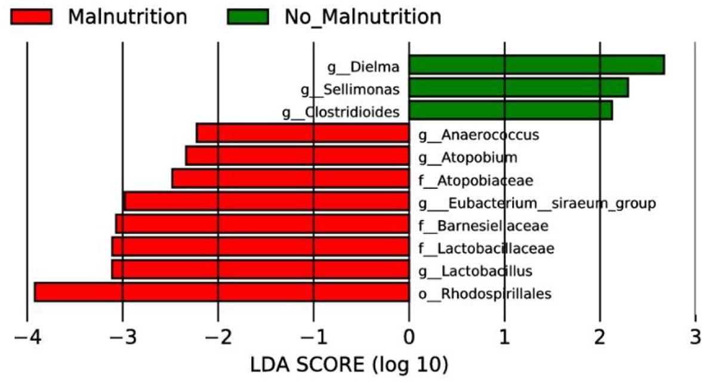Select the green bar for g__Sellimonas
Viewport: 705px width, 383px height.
518,88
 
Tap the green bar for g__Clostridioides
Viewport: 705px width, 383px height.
510,111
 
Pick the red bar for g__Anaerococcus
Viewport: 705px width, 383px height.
303,133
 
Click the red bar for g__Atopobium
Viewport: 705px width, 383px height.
297,156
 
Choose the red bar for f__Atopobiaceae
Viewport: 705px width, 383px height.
290,179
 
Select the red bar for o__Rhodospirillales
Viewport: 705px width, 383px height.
221,292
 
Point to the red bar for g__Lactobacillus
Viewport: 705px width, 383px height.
260,269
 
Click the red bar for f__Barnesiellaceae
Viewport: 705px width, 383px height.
262,224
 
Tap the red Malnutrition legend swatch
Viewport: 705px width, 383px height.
32,17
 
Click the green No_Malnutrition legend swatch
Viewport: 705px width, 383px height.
248,17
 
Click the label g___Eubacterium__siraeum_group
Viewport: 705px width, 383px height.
537,203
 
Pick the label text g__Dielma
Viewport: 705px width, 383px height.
367,67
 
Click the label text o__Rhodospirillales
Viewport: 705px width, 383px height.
485,293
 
